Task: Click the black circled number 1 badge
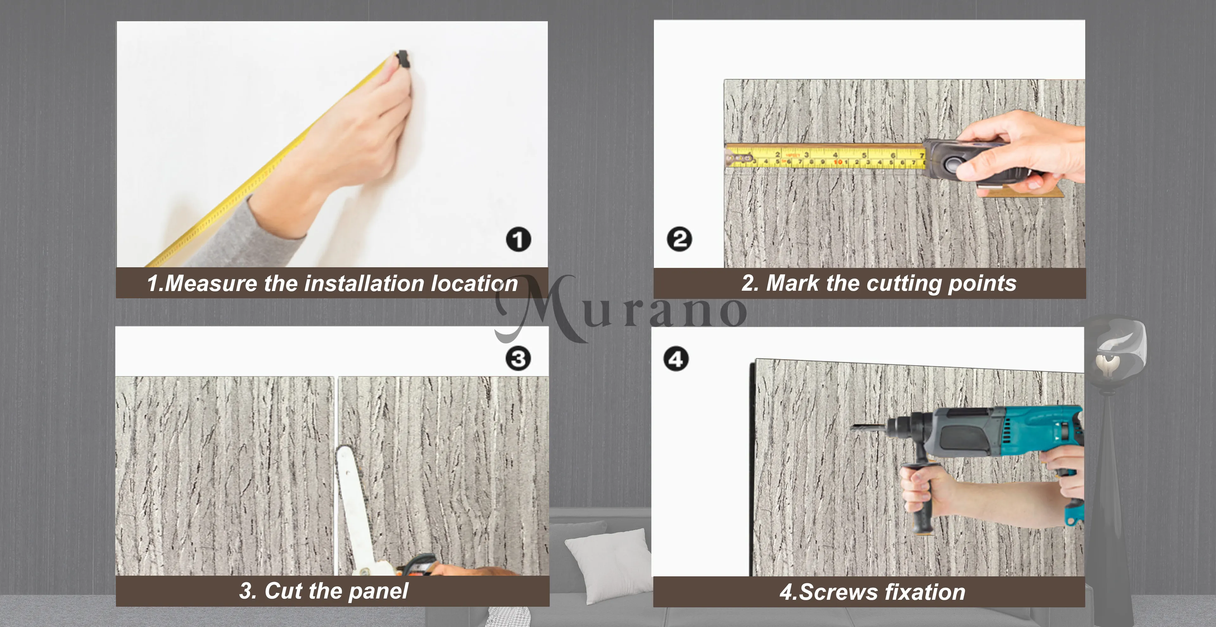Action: [518, 239]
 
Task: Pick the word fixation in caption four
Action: [925, 592]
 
